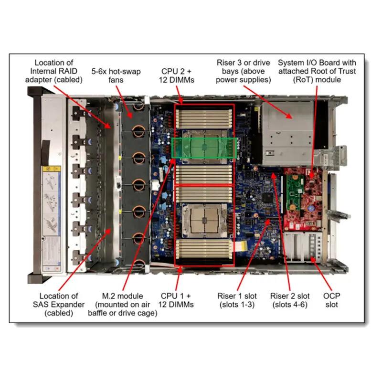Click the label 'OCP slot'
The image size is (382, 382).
[331, 300]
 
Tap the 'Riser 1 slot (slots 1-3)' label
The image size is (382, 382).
[237, 300]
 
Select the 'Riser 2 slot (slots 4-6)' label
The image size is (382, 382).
[290, 300]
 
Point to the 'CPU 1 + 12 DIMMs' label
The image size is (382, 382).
[176, 300]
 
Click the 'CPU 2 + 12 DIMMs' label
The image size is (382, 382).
[176, 75]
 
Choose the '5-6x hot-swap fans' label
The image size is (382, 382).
[116, 75]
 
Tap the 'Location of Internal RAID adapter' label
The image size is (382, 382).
[54, 71]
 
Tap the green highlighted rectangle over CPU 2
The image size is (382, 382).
[204, 148]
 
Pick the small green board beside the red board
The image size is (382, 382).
[295, 192]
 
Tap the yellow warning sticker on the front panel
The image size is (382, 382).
[52, 169]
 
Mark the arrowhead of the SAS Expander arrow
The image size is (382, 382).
[109, 231]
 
